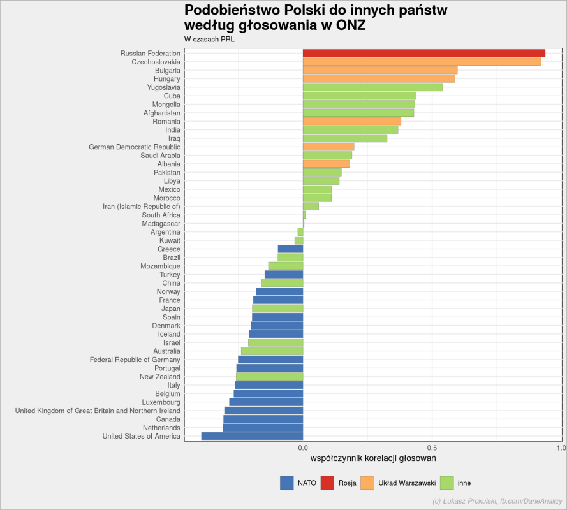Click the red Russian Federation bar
[x=423, y=53]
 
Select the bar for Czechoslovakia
[x=422, y=62]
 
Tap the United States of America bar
[x=252, y=436]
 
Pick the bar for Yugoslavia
[x=373, y=87]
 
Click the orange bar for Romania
[x=352, y=122]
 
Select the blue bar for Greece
[x=290, y=249]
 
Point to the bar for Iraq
[x=345, y=138]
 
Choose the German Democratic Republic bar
[x=328, y=147]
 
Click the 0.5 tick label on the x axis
[x=432, y=448]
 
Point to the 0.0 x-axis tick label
[x=303, y=448]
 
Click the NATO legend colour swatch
[x=287, y=483]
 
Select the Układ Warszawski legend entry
[x=398, y=483]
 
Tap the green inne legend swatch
[x=447, y=483]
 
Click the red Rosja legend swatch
[x=328, y=483]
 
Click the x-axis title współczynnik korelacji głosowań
[x=373, y=458]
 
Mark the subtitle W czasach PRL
[x=209, y=40]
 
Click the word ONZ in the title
[x=351, y=25]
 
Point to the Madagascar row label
[x=161, y=224]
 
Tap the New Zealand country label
[x=160, y=377]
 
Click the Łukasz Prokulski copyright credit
[x=497, y=501]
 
